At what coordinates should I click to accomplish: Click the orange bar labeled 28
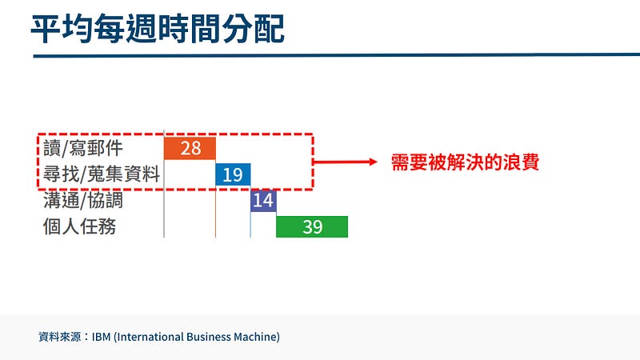[190, 148]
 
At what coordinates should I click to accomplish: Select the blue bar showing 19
[233, 174]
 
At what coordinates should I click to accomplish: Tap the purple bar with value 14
[263, 201]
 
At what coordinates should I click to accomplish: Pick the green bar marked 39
[312, 226]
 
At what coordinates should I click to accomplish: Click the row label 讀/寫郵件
[83, 148]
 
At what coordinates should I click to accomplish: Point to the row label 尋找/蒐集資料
[102, 174]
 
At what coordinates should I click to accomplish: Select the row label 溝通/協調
[83, 201]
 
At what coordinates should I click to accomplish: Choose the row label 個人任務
[79, 226]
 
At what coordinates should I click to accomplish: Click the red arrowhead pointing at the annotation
[373, 162]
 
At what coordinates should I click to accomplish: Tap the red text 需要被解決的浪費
[465, 162]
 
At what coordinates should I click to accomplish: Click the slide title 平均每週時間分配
[158, 28]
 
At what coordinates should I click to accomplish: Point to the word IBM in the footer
[102, 337]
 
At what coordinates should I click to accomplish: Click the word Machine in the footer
[255, 337]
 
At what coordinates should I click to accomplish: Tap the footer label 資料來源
[59, 337]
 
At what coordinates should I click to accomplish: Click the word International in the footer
[148, 337]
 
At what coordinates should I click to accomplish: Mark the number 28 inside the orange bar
[190, 148]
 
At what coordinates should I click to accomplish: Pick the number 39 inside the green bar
[313, 227]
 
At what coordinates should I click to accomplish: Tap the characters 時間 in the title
[189, 28]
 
